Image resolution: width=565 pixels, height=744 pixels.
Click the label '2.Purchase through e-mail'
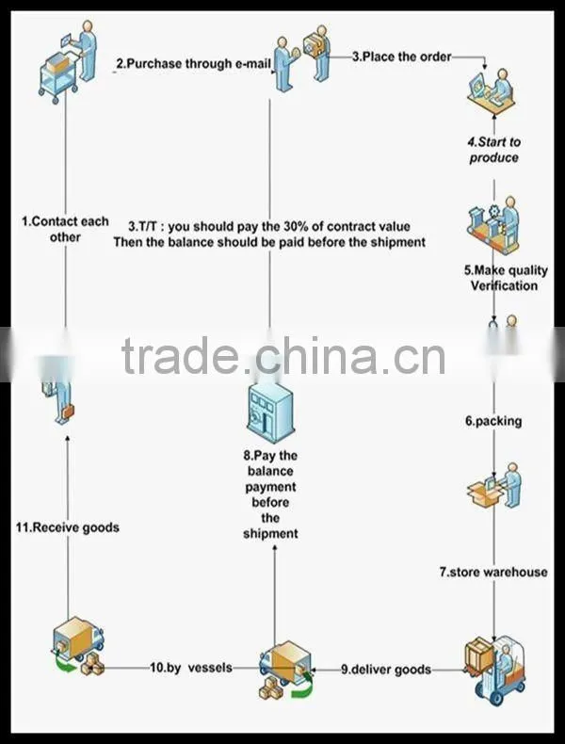pos(193,64)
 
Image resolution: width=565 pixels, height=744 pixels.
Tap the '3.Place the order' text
pos(401,57)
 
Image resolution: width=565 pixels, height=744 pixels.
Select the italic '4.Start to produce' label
pos(493,150)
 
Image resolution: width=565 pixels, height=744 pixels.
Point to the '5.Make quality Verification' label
pos(506,278)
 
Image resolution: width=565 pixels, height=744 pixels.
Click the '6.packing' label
pos(493,421)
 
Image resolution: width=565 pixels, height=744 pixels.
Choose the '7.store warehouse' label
pos(493,572)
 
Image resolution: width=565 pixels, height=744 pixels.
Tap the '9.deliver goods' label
pos(386,669)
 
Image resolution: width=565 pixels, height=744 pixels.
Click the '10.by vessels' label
pos(191,668)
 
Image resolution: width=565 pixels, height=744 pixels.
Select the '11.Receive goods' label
pos(68,527)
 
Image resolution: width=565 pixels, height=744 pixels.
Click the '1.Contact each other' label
pos(65,229)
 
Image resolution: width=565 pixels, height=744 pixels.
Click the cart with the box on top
pos(58,75)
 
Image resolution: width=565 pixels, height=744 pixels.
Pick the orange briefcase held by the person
pos(68,412)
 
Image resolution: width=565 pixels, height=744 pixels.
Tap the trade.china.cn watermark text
pos(283,356)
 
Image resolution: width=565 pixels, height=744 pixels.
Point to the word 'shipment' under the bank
pos(270,533)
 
